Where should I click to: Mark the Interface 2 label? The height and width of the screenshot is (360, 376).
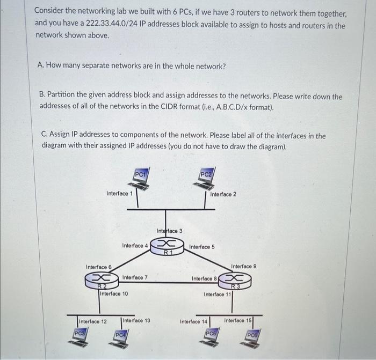(223, 194)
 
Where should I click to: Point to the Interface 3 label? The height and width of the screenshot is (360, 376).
(169, 231)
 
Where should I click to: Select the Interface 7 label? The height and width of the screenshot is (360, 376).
(135, 277)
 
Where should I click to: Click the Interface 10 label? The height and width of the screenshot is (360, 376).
(113, 293)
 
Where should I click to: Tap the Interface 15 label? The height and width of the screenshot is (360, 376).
(237, 320)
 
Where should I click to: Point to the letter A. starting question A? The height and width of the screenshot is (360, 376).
(41, 65)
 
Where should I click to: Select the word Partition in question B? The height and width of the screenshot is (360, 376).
(64, 97)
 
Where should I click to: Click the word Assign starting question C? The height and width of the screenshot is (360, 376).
(63, 136)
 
